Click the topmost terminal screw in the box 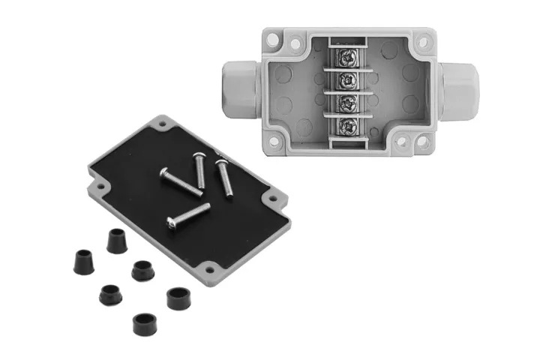point(347,55)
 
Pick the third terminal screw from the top point(347,103)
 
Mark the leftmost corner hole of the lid point(95,180)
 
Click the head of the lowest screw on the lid point(173,223)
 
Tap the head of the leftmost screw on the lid point(165,173)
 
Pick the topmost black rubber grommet point(115,240)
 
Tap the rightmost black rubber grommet point(178,297)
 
